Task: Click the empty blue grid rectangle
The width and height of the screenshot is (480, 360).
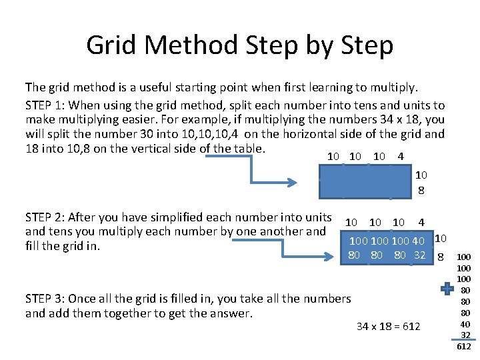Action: click(364, 181)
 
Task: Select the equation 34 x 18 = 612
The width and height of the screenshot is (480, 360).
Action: click(389, 326)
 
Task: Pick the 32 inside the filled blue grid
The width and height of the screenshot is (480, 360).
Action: click(419, 255)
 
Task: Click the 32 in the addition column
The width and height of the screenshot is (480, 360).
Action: click(465, 335)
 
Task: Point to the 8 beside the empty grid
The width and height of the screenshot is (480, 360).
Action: click(421, 190)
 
